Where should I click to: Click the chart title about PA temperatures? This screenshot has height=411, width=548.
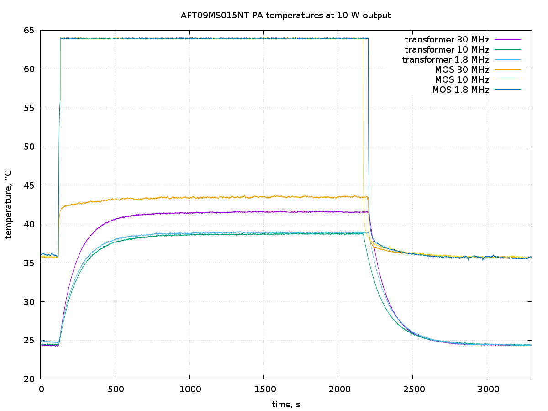coord(286,16)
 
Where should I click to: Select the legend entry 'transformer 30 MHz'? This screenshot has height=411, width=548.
coord(447,39)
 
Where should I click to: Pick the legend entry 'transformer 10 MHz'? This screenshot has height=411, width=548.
coord(447,49)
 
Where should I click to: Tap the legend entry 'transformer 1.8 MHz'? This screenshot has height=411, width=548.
coord(445,59)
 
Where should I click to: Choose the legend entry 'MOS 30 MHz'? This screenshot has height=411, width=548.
coord(462,69)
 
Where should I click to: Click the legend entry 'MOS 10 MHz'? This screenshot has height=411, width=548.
coord(462,79)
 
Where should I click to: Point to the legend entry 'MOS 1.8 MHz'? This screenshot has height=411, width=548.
coord(460,90)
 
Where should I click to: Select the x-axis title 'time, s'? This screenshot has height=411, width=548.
coord(286,405)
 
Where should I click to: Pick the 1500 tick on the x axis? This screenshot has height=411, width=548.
coord(263,389)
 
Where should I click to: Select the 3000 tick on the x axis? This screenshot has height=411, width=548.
coord(487,389)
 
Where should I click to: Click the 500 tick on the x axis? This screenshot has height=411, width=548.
coord(115,389)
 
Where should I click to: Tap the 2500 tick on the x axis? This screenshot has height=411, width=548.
coord(412,389)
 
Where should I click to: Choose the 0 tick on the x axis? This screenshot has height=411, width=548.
coord(41,389)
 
